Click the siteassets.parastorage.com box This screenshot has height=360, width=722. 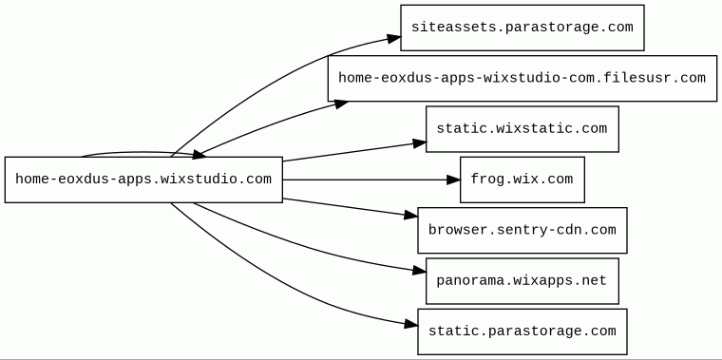click(x=522, y=28)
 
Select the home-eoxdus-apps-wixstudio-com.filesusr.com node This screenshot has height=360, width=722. click(x=522, y=78)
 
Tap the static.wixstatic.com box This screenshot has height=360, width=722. click(x=522, y=129)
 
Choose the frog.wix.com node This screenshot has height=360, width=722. click(x=522, y=180)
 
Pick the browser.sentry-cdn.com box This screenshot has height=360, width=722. click(x=522, y=230)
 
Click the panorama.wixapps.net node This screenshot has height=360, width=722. click(x=522, y=281)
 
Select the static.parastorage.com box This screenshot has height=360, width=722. click(x=522, y=332)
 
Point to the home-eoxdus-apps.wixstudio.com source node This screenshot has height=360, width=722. click(x=143, y=180)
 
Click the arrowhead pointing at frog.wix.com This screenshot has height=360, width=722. click(x=453, y=180)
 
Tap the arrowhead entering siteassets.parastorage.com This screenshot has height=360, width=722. click(x=394, y=39)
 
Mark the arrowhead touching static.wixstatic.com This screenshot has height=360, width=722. click(x=420, y=143)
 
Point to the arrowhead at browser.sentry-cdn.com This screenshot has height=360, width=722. click(x=411, y=215)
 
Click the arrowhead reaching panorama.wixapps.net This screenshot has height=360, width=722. click(x=420, y=271)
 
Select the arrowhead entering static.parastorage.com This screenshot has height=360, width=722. click(x=411, y=325)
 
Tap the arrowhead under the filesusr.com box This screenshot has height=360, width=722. click(x=341, y=104)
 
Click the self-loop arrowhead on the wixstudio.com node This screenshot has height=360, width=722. click(x=199, y=155)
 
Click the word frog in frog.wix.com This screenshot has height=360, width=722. click(x=487, y=179)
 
